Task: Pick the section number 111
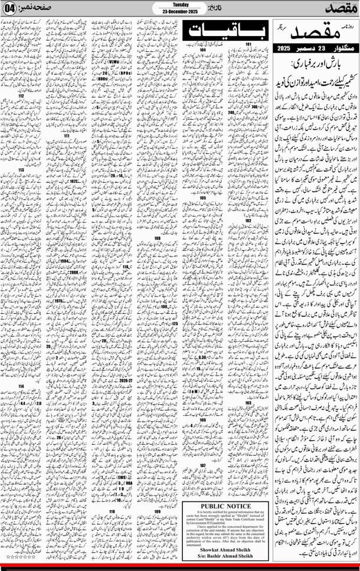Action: [x=67, y=136]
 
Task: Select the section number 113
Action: [x=21, y=170]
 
